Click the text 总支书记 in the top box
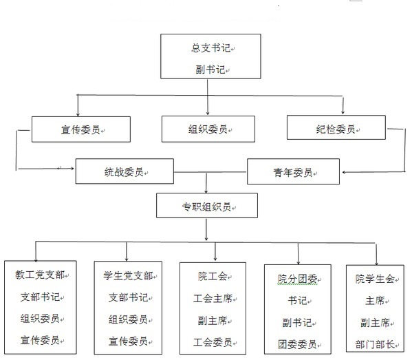210,48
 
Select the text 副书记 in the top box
210,70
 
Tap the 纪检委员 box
336,127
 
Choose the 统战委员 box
124,171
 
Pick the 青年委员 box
293,171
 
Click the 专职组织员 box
207,205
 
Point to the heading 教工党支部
40,275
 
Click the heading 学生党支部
128,276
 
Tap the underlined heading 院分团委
297,279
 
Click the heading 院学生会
376,279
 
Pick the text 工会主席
213,299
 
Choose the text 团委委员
297,344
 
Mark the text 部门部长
376,344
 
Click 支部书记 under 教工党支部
40,297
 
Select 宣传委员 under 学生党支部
128,341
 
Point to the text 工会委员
213,342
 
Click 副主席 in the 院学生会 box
376,323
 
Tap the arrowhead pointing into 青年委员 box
344,173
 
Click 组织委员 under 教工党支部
40,319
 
